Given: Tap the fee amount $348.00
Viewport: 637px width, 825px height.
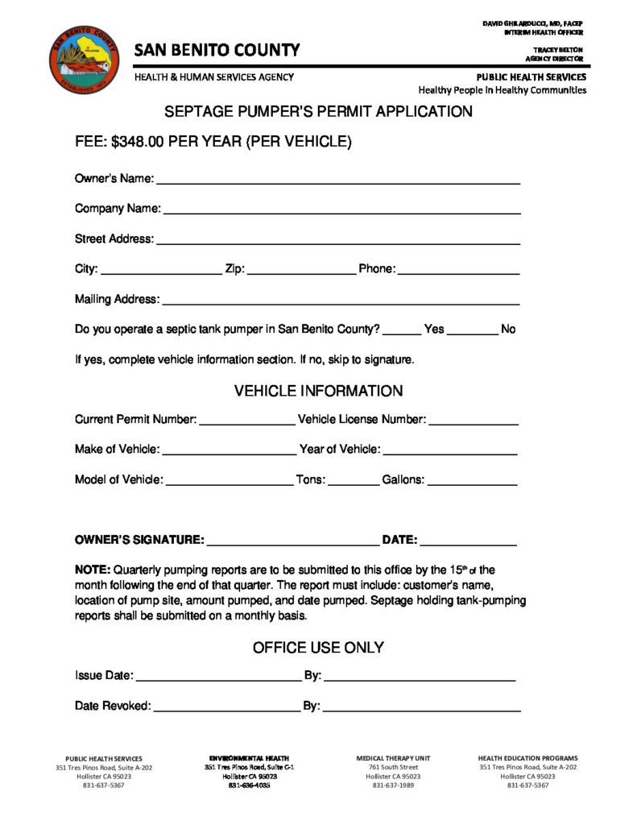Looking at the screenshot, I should [139, 142].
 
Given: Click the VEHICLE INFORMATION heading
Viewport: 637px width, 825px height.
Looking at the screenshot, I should [318, 392].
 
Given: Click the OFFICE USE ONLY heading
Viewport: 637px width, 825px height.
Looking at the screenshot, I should [318, 648].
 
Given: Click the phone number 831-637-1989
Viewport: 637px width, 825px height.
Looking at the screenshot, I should [393, 785].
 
